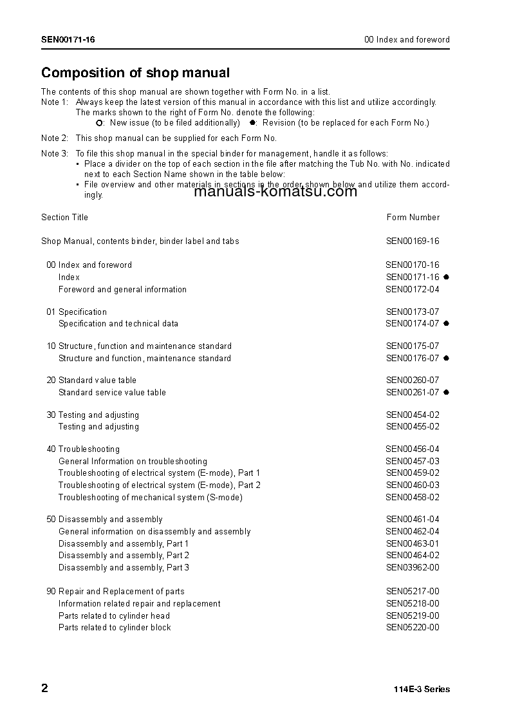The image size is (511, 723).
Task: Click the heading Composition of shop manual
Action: (x=135, y=73)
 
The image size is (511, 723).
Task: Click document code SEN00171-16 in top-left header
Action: (x=68, y=40)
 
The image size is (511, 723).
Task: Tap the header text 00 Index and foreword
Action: (x=407, y=40)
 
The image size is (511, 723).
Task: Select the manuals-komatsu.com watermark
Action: (x=275, y=191)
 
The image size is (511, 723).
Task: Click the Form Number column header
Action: (x=413, y=218)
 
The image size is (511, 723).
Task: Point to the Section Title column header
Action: (x=64, y=218)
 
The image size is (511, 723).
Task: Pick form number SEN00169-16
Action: (x=413, y=241)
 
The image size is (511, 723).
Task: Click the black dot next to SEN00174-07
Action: (x=446, y=324)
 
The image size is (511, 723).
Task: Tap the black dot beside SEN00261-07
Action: (x=446, y=393)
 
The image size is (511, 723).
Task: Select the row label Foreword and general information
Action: (x=122, y=290)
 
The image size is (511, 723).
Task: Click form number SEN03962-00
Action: (x=413, y=568)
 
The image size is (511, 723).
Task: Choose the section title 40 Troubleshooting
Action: (x=83, y=449)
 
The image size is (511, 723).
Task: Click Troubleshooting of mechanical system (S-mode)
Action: (x=150, y=498)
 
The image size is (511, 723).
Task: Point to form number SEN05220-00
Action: (x=413, y=628)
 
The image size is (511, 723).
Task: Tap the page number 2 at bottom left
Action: (x=44, y=688)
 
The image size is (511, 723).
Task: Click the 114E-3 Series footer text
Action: (x=422, y=690)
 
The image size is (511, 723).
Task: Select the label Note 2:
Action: (x=55, y=138)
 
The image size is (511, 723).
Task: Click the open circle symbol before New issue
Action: (x=99, y=123)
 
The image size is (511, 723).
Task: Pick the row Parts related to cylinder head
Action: (x=114, y=616)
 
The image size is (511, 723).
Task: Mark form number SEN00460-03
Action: (x=413, y=485)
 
